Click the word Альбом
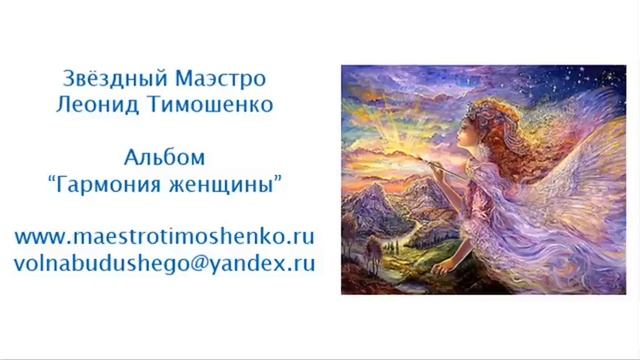tap(165, 157)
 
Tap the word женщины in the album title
tap(228, 184)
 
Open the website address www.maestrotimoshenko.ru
tap(165, 238)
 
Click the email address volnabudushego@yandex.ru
tap(165, 264)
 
